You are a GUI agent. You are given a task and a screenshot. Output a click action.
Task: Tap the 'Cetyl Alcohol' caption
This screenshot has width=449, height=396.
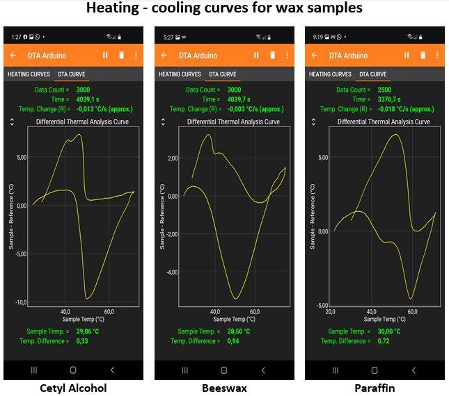[73, 388]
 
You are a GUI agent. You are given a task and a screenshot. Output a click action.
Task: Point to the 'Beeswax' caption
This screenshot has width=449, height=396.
[223, 388]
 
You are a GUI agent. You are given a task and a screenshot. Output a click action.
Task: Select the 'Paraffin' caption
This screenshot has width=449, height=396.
[374, 388]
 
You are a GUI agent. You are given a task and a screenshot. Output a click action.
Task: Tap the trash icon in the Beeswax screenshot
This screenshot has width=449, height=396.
[272, 56]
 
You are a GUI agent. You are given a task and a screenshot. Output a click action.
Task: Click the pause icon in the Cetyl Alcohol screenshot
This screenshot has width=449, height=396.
[105, 56]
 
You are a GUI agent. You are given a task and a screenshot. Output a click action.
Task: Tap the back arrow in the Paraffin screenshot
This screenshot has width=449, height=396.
[315, 56]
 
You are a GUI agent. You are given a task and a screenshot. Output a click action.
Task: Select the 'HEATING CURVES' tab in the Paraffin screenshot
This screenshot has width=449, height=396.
[330, 74]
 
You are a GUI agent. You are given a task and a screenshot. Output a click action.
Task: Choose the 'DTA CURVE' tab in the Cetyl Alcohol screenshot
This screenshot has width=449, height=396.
[72, 74]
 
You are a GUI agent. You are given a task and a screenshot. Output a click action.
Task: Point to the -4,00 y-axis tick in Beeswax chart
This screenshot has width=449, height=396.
[170, 272]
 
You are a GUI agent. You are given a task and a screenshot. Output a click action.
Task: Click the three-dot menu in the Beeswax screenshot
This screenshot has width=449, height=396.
[286, 56]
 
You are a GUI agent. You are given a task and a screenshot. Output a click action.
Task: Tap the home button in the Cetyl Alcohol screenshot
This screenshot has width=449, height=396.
[73, 370]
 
